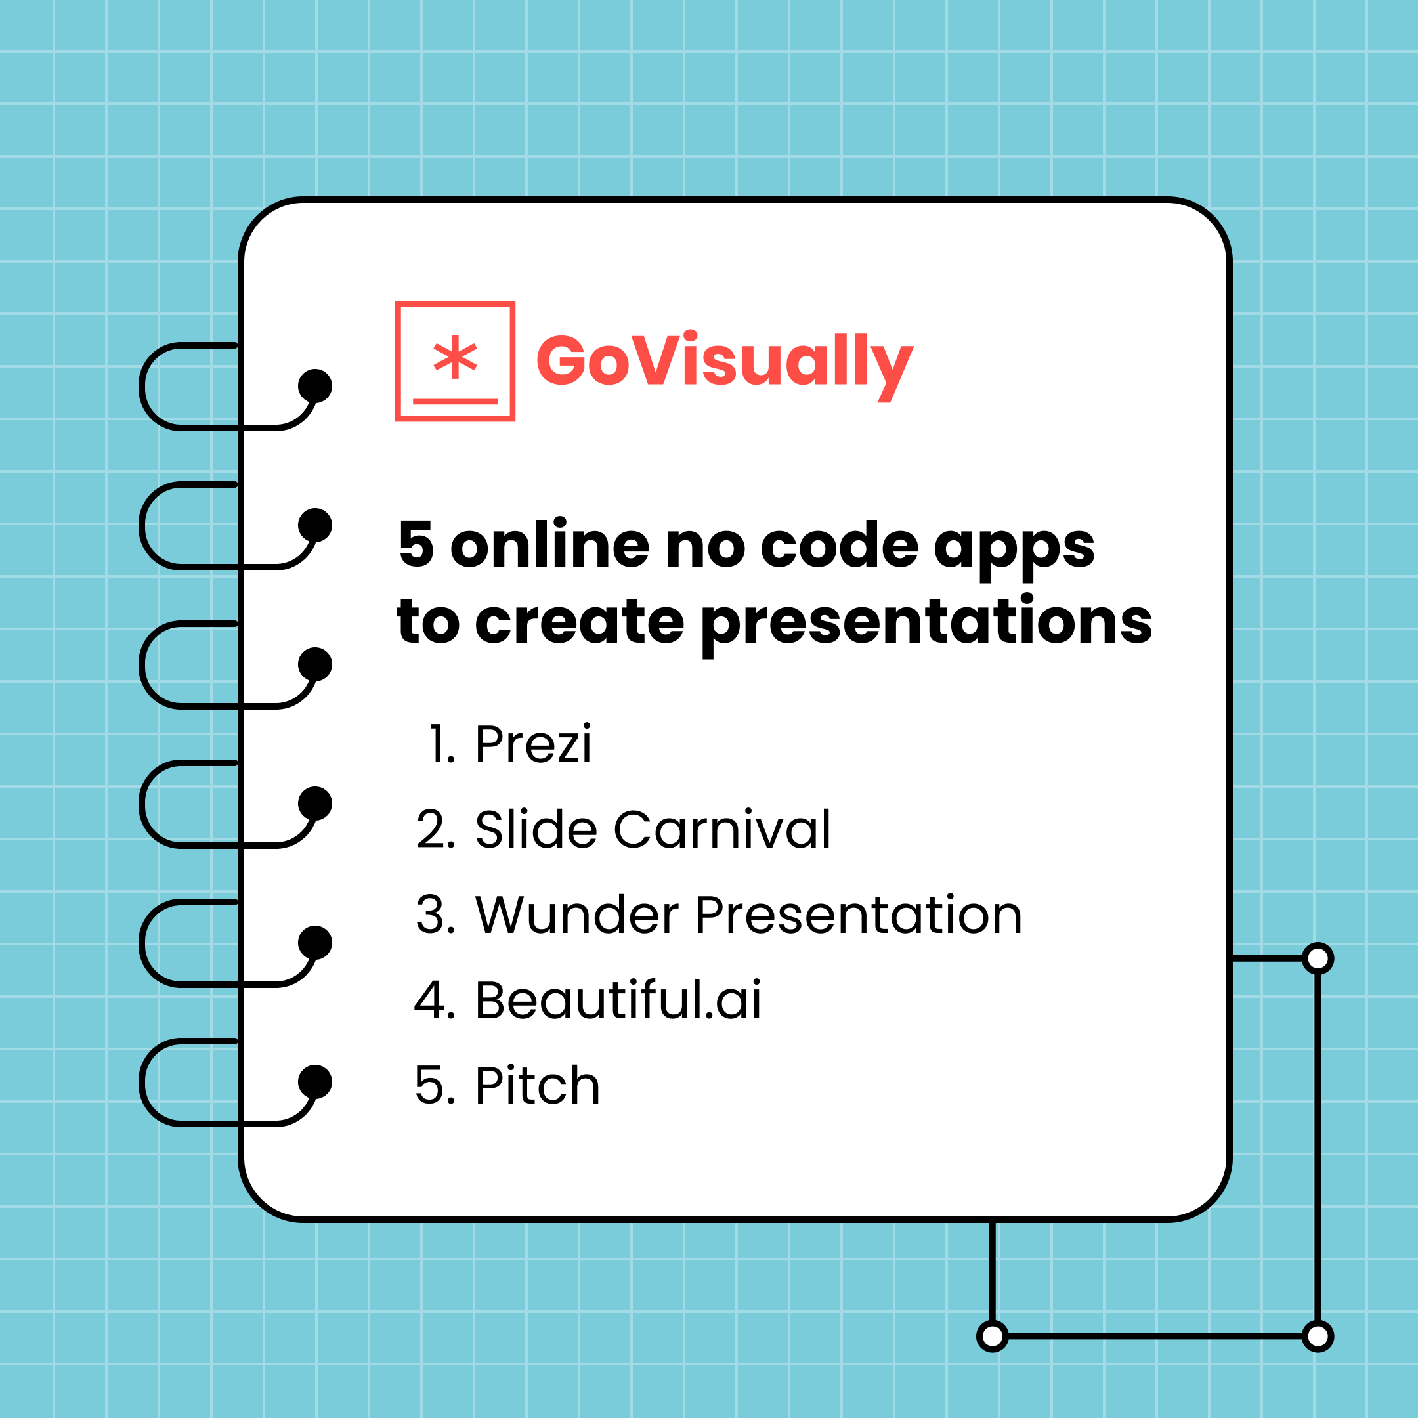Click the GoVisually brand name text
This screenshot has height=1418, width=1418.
pyautogui.click(x=723, y=361)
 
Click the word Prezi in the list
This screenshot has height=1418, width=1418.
pyautogui.click(x=533, y=744)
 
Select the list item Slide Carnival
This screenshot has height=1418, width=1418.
pyautogui.click(x=653, y=830)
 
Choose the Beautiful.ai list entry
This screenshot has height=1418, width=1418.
pyautogui.click(x=618, y=1000)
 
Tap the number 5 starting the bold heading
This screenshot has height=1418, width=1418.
pyautogui.click(x=416, y=545)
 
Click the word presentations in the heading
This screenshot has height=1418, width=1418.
pyautogui.click(x=926, y=622)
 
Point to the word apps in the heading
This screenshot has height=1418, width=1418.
pyautogui.click(x=1014, y=547)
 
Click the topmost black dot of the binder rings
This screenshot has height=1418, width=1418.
pyautogui.click(x=315, y=386)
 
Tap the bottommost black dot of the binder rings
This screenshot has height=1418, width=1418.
pyautogui.click(x=315, y=1082)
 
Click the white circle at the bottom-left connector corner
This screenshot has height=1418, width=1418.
pyautogui.click(x=993, y=1336)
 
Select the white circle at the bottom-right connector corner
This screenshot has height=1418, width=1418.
pyautogui.click(x=1318, y=1336)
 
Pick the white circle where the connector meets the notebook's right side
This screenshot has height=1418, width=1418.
pyautogui.click(x=1318, y=958)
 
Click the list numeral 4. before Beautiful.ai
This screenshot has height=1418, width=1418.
pyautogui.click(x=435, y=1000)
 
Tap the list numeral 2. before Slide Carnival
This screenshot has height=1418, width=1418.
pyautogui.click(x=435, y=830)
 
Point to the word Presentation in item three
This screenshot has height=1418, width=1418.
pyautogui.click(x=858, y=915)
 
